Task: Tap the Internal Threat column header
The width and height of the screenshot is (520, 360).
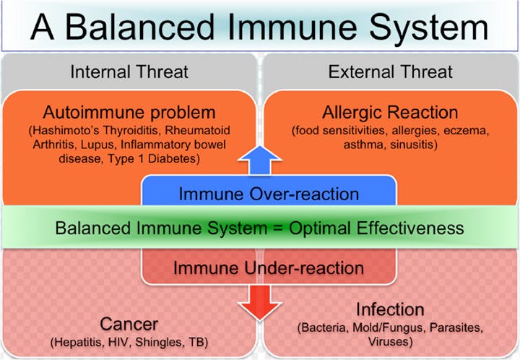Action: click(129, 72)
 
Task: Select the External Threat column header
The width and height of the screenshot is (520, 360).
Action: click(390, 72)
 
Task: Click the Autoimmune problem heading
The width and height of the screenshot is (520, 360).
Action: click(129, 112)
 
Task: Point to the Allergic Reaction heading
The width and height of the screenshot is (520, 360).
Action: click(390, 113)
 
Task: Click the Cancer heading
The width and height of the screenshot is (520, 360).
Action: click(129, 323)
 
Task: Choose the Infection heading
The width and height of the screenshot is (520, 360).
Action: click(390, 309)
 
